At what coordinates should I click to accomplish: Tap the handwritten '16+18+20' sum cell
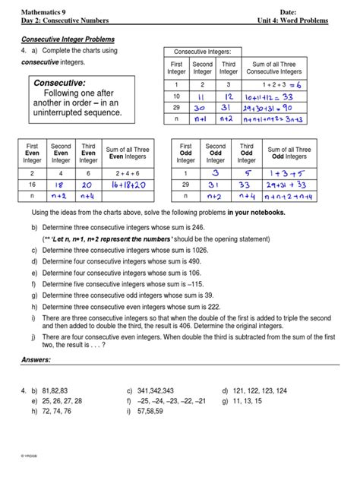[134, 184]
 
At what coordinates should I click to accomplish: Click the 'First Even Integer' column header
[33, 153]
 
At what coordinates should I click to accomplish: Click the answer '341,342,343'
[156, 390]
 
